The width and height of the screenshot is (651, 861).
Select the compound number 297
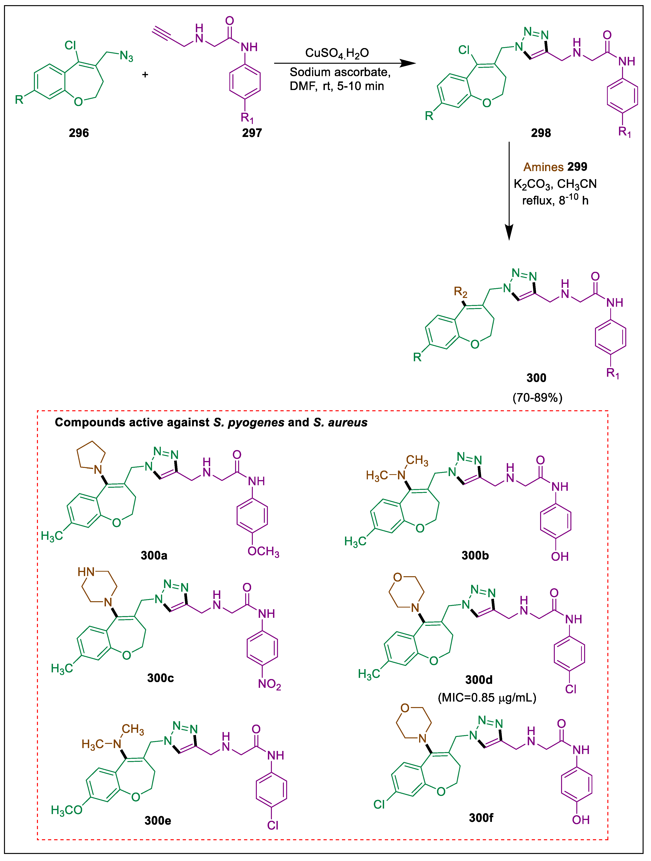pyautogui.click(x=252, y=133)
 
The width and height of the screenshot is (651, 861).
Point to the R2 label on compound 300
pyautogui.click(x=460, y=291)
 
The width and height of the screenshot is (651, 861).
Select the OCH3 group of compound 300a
pyautogui.click(x=263, y=552)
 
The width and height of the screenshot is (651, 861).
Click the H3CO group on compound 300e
pyautogui.click(x=66, y=810)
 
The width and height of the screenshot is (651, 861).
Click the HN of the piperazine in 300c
pyautogui.click(x=86, y=572)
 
